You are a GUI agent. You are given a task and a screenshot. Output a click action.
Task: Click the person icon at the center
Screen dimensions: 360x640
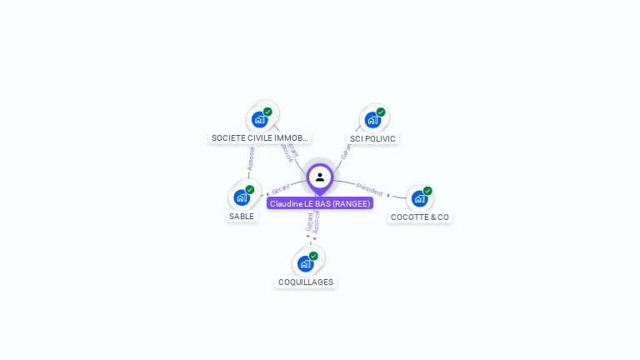(x=320, y=177)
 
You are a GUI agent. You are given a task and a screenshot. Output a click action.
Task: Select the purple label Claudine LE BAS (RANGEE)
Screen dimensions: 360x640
(x=320, y=203)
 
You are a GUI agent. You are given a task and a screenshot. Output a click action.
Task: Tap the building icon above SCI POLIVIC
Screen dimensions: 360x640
(x=372, y=120)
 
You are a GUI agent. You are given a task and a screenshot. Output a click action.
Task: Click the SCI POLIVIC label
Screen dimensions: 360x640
(x=373, y=138)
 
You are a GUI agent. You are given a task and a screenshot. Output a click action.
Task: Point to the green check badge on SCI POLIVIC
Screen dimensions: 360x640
(x=381, y=112)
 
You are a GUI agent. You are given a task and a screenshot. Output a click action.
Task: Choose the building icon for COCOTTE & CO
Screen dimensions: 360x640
(x=419, y=198)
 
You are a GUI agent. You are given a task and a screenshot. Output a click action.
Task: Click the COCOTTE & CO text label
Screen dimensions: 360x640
(x=420, y=217)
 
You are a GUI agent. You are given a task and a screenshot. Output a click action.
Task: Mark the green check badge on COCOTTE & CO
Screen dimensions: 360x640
(x=427, y=191)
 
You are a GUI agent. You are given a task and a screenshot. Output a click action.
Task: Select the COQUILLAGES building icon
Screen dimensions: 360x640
(x=306, y=263)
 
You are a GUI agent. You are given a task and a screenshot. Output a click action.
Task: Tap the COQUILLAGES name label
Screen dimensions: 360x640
(x=306, y=282)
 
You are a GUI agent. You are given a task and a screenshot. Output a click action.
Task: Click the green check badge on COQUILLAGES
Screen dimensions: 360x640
(x=313, y=256)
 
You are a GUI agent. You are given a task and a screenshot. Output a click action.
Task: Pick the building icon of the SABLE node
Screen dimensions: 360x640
(x=242, y=197)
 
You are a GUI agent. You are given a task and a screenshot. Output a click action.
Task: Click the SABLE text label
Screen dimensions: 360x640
(x=242, y=216)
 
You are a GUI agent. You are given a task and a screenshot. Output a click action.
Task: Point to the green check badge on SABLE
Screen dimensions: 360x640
(x=249, y=190)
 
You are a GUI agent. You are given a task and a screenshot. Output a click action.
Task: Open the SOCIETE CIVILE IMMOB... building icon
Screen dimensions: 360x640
(x=260, y=119)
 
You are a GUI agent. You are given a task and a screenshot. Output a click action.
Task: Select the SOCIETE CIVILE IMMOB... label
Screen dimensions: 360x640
(x=260, y=137)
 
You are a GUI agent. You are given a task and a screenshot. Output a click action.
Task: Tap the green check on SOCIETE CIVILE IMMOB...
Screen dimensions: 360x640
(x=267, y=112)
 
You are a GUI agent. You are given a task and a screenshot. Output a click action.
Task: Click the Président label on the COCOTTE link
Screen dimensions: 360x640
(x=369, y=188)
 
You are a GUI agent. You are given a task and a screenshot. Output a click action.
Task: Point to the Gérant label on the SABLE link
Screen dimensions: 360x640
(x=280, y=190)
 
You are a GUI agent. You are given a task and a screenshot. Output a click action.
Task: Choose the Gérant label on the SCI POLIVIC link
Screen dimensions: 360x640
(x=345, y=151)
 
